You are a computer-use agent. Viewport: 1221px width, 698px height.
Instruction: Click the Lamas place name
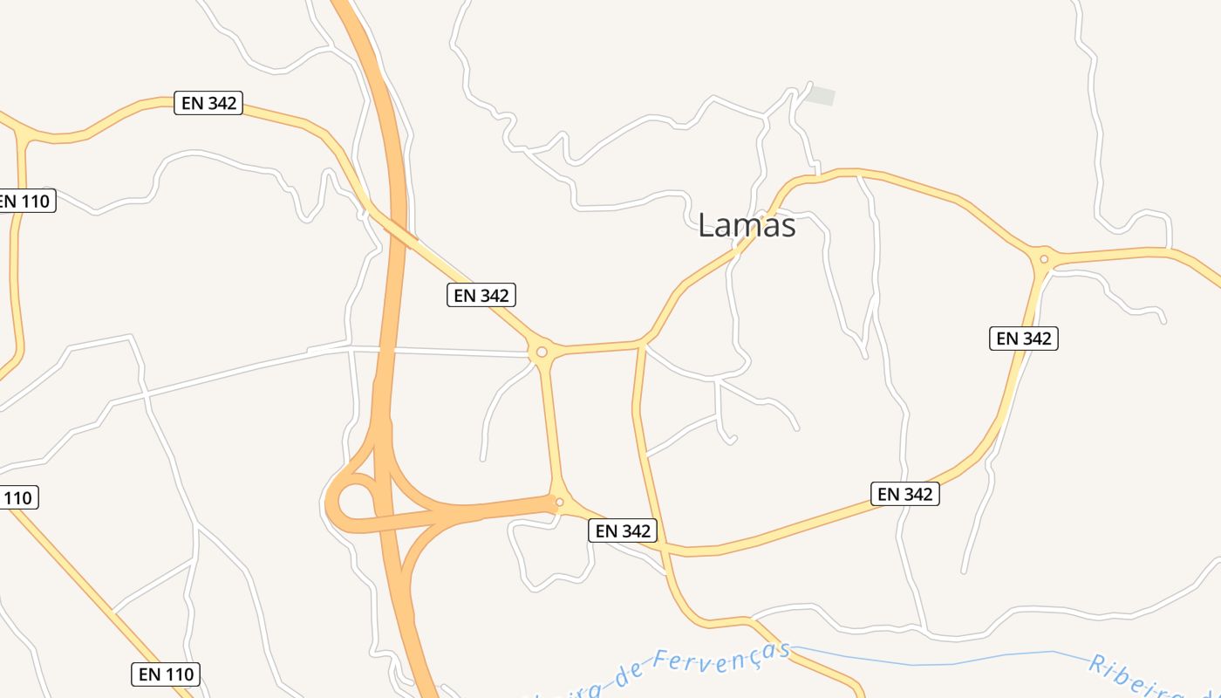(747, 225)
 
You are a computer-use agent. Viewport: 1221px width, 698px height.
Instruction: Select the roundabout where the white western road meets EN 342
(542, 352)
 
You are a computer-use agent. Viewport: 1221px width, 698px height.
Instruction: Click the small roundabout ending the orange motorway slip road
(559, 502)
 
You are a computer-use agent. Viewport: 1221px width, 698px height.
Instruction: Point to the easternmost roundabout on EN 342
(1043, 259)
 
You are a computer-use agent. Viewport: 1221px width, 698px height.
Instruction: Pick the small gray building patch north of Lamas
(820, 96)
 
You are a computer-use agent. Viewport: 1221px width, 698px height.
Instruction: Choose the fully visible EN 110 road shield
(167, 674)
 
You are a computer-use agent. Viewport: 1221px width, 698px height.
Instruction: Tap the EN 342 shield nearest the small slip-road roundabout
(622, 530)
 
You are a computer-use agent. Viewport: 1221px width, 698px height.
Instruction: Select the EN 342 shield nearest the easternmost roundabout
(1023, 338)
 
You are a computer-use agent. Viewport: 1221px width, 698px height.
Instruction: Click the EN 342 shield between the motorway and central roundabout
(481, 295)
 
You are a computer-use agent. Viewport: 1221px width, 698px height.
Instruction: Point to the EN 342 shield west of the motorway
(208, 102)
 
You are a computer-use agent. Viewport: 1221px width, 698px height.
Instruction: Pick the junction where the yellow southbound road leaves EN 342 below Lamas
(643, 344)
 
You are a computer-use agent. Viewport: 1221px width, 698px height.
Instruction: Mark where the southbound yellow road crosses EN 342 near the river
(666, 549)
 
